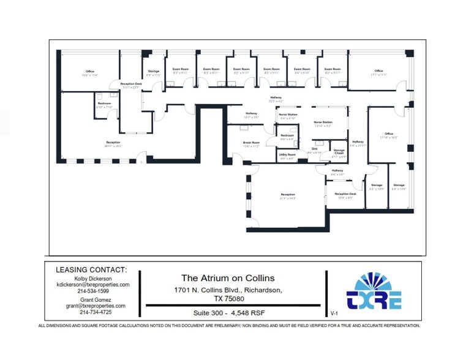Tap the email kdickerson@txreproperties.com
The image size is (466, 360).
coord(91,285)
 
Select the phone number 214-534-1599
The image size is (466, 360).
coord(91,291)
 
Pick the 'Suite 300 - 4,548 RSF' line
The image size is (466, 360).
coord(230,312)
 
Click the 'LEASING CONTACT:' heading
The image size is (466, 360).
coord(91,269)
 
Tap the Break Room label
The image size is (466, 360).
coord(251,142)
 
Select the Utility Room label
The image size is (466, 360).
coord(287,155)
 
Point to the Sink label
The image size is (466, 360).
coord(315,148)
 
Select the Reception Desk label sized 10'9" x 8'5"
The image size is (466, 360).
coord(345,194)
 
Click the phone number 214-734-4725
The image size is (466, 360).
coord(91,313)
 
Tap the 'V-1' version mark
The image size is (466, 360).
coord(334,313)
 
